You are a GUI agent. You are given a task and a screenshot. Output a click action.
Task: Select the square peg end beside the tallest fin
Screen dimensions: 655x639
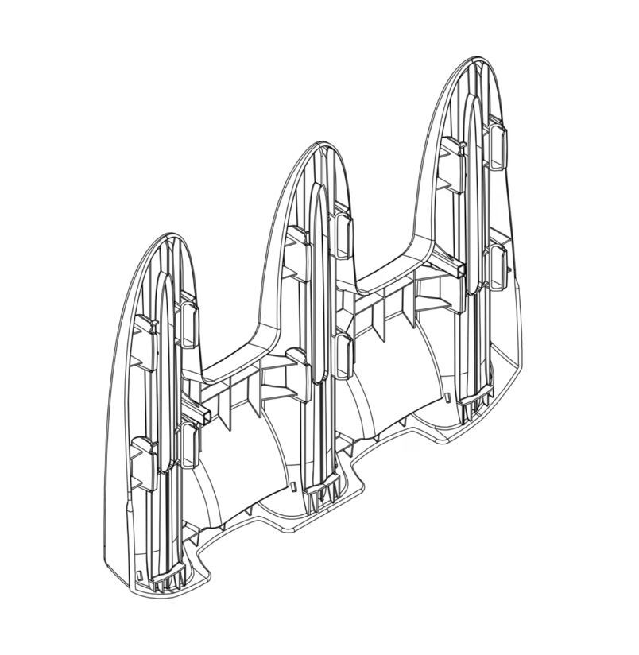point(459,273)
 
